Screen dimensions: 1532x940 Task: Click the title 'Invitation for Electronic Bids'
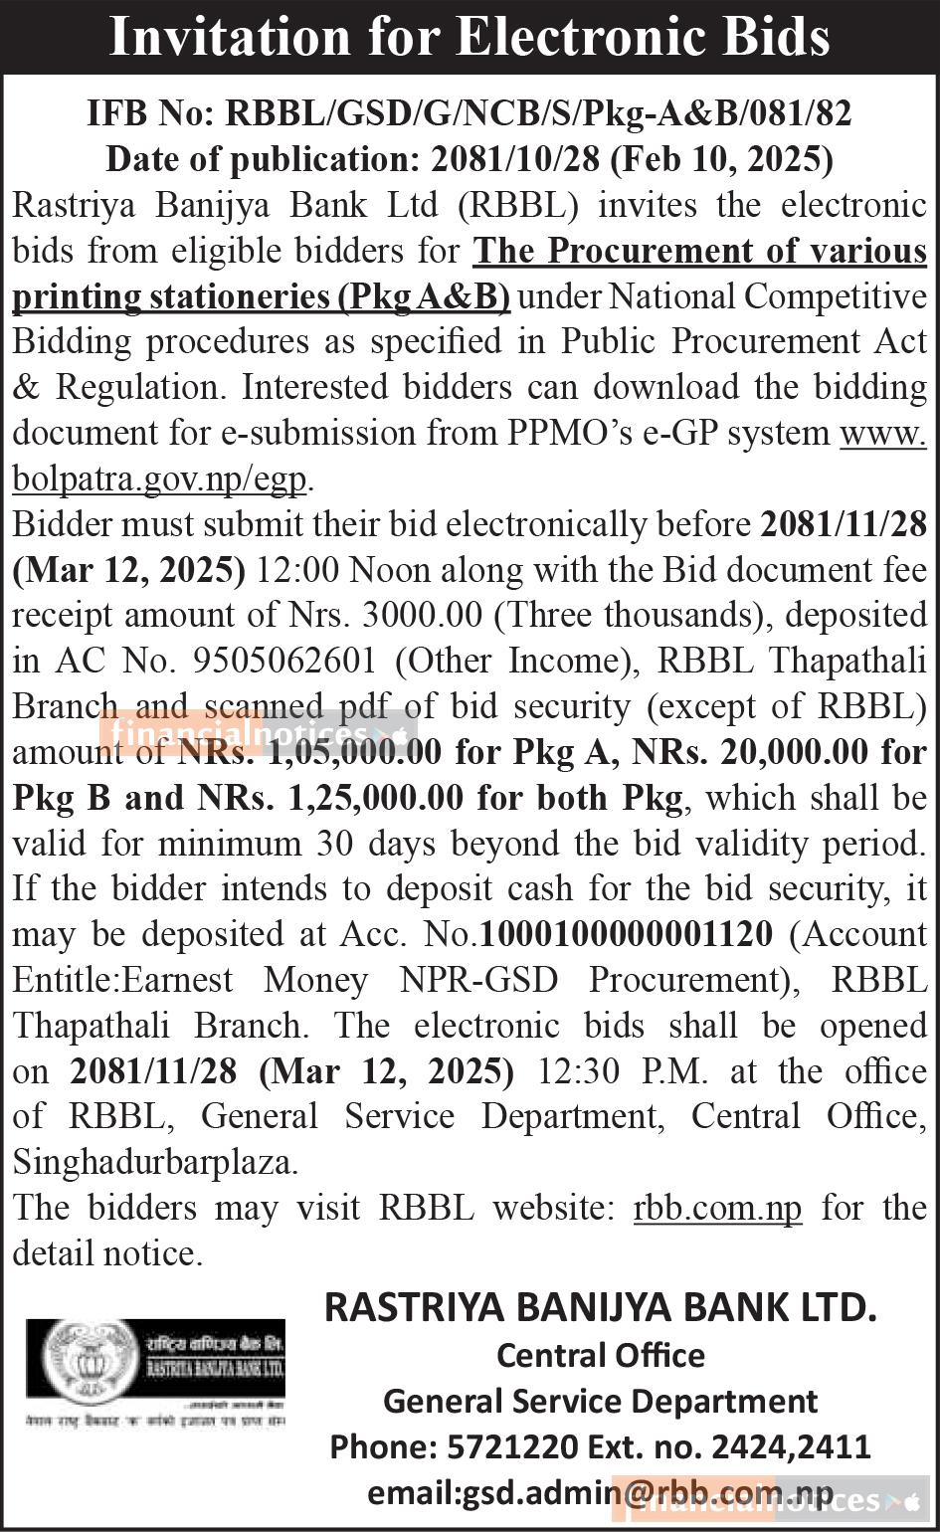pyautogui.click(x=470, y=37)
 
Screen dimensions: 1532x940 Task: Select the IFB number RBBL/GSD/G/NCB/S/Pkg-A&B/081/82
pyautogui.click(x=539, y=113)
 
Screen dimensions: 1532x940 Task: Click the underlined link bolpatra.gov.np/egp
pyautogui.click(x=159, y=479)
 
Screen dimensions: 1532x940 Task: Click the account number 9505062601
pyautogui.click(x=279, y=662)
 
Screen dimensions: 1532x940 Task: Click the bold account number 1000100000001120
pyautogui.click(x=627, y=935)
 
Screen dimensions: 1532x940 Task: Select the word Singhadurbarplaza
pyautogui.click(x=155, y=1162)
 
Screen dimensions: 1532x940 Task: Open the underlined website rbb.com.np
pyautogui.click(x=717, y=1208)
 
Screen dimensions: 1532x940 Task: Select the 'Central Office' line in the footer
pyautogui.click(x=601, y=1355)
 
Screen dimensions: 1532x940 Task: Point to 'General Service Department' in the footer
pyautogui.click(x=601, y=1401)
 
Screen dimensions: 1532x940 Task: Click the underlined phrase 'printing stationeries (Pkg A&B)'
pyautogui.click(x=261, y=296)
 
